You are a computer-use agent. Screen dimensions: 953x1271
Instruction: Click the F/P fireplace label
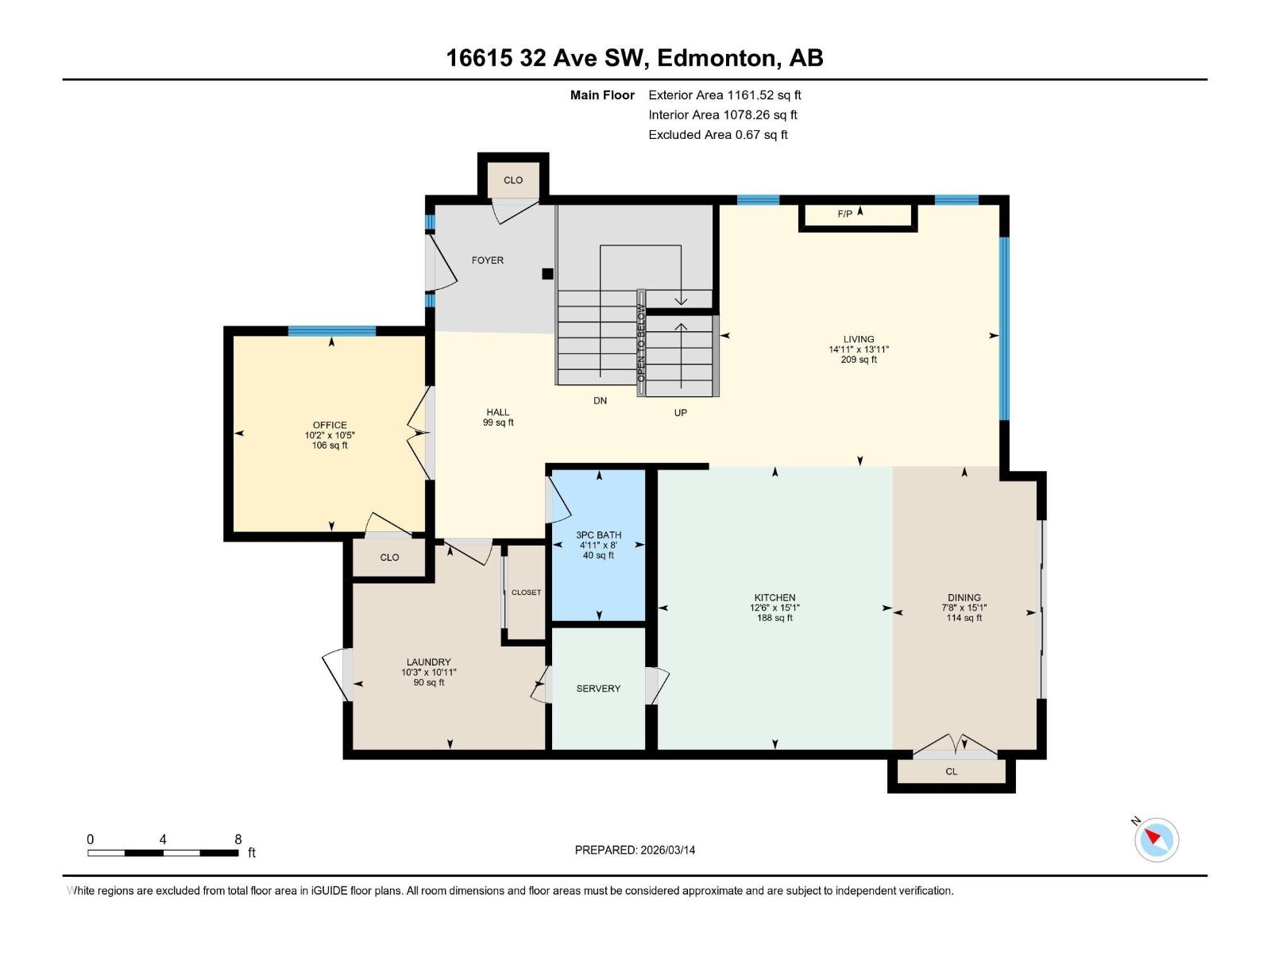[844, 214]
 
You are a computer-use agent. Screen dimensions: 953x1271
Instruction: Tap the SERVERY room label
[598, 689]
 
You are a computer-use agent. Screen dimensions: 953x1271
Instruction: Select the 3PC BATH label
[598, 535]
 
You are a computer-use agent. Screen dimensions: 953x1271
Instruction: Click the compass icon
[1156, 839]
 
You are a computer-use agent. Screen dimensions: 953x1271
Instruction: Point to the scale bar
[163, 853]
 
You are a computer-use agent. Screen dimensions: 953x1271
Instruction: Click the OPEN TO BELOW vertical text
[641, 343]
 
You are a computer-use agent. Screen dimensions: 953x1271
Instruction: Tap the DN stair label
[600, 401]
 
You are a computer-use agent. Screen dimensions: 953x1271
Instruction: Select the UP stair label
[680, 413]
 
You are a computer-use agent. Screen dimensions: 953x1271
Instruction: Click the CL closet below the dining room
[951, 771]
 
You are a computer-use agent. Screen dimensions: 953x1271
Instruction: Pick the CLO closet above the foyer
[513, 180]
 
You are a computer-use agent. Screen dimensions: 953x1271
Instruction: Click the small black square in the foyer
[547, 274]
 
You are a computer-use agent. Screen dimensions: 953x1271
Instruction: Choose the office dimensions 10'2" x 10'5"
[330, 435]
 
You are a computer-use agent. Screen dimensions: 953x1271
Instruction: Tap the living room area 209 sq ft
[859, 360]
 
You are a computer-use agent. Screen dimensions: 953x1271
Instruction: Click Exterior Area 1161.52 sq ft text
[724, 95]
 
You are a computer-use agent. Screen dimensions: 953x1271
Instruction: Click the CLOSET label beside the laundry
[526, 592]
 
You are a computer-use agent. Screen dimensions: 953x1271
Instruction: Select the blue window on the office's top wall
[331, 331]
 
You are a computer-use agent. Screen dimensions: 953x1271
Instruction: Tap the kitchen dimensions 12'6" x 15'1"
[775, 608]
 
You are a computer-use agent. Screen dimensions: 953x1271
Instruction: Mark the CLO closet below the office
[389, 558]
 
